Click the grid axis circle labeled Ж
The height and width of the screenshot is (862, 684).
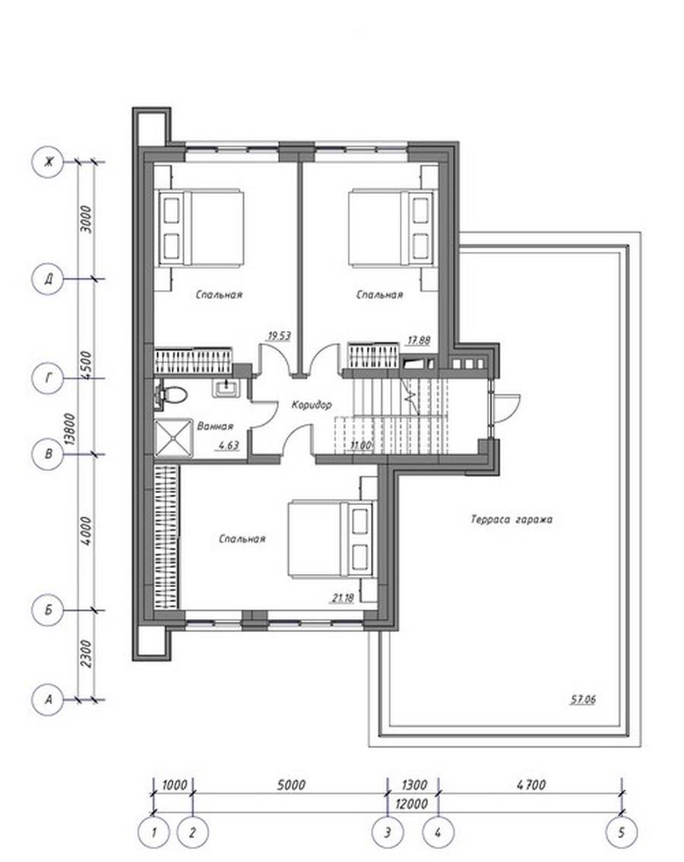(x=49, y=162)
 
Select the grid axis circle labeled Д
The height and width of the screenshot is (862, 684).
(x=49, y=279)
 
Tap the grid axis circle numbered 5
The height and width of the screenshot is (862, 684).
(x=621, y=832)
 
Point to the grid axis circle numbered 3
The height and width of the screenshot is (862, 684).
(x=388, y=832)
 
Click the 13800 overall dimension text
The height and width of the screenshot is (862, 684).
(x=70, y=429)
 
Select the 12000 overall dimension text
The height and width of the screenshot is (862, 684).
(x=412, y=804)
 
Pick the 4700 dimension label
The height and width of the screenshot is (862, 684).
(x=531, y=785)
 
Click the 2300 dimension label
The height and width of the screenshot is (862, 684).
(x=87, y=654)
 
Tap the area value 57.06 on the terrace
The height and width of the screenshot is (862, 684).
(x=583, y=699)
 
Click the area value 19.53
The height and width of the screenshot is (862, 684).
(x=279, y=336)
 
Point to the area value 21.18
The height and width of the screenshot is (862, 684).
(x=343, y=598)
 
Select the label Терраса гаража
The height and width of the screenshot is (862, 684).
(x=511, y=519)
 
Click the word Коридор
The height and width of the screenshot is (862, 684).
(x=312, y=405)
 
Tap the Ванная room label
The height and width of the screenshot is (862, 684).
(x=215, y=426)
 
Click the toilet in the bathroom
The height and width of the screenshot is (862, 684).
(x=172, y=395)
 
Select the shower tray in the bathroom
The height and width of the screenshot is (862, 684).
(x=174, y=438)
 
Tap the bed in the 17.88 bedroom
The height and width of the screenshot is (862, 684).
(x=393, y=228)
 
